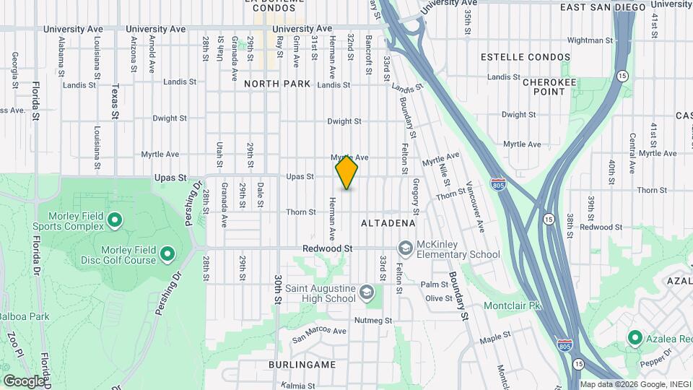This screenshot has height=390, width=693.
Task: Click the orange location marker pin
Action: (x=346, y=172)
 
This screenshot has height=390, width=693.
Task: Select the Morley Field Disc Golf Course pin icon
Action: (x=167, y=253)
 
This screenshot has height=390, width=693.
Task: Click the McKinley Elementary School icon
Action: (x=406, y=248)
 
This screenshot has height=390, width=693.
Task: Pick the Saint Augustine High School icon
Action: (x=367, y=292)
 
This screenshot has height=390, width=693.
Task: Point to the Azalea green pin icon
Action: (x=635, y=337)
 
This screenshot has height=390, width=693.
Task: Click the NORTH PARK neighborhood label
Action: (x=277, y=84)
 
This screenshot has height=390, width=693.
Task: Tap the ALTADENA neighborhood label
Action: (x=388, y=223)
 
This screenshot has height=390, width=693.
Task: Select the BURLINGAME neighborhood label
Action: (x=302, y=365)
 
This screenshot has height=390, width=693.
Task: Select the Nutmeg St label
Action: (x=373, y=320)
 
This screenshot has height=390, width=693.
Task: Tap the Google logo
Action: (x=24, y=381)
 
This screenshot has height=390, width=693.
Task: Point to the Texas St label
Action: (x=115, y=101)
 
